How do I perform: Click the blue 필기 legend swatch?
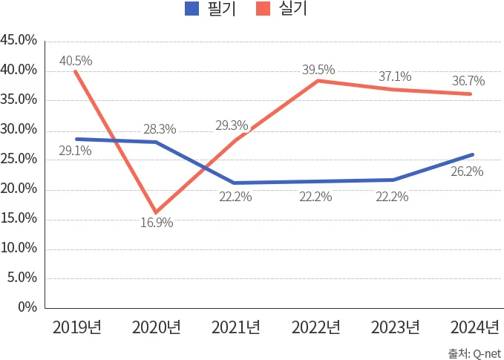pos(192,9)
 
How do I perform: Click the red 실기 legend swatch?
pos(264,9)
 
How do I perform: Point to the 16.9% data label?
pos(157,222)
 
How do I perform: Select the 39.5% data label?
pos(318,71)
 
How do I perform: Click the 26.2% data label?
pos(467,171)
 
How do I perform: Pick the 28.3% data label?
pos(160,129)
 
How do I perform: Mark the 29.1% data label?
pos(76,151)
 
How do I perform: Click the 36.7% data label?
pos(468,82)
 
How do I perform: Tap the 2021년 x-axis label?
pos(235,327)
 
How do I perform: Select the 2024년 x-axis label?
pos(475,327)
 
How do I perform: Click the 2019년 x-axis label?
pos(76,327)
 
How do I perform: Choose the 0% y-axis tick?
pos(27,307)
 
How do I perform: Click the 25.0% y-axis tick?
pos(19,159)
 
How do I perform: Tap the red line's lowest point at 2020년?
pos(155,212)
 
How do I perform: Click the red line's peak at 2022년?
pos(318,80)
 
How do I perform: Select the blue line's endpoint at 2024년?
pos(472,154)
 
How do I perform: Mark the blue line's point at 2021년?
pos(234,183)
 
